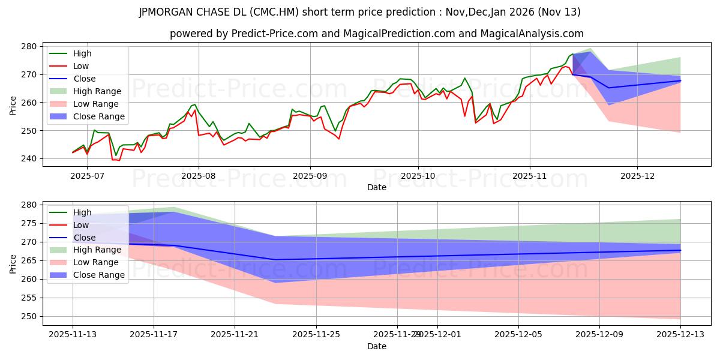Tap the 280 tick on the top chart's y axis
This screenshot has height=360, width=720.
pos(30,46)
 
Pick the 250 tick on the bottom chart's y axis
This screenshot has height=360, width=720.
pos(30,316)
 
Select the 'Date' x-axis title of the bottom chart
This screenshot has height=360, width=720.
pos(376,346)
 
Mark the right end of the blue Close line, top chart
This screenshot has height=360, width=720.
pos(680,80)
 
